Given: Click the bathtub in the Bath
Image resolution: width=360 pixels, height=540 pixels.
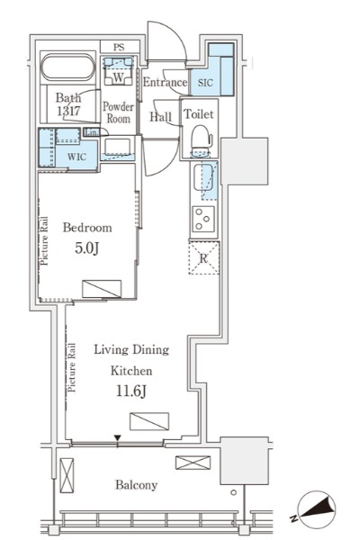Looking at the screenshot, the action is pyautogui.click(x=67, y=67).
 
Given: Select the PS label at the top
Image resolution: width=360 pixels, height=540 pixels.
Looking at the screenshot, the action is pyautogui.click(x=119, y=47).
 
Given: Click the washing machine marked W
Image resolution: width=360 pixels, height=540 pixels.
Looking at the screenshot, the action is pyautogui.click(x=118, y=71).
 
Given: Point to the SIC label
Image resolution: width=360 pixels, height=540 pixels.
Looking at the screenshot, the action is pyautogui.click(x=205, y=83).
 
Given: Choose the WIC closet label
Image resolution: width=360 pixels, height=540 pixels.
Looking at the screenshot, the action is pyautogui.click(x=76, y=157).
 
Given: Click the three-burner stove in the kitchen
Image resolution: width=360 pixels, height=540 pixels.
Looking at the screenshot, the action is pyautogui.click(x=203, y=219).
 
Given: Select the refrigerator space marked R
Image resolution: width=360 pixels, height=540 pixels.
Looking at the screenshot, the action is pyautogui.click(x=203, y=258).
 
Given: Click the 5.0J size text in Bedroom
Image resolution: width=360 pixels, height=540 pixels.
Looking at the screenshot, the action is pyautogui.click(x=87, y=248).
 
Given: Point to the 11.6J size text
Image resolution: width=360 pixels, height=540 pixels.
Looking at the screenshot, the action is pyautogui.click(x=131, y=391).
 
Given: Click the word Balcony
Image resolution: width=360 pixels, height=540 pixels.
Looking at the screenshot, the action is pyautogui.click(x=137, y=485).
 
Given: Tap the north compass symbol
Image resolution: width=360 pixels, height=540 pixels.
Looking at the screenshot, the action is pyautogui.click(x=315, y=508).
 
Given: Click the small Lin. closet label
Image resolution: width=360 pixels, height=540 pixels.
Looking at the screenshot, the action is pyautogui.click(x=92, y=132).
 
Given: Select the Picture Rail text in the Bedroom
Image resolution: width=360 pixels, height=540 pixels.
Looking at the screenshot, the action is pyautogui.click(x=44, y=241).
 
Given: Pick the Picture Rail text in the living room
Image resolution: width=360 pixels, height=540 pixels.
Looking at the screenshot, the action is pyautogui.click(x=71, y=368).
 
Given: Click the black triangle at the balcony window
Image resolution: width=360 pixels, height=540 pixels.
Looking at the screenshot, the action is pyautogui.click(x=118, y=438).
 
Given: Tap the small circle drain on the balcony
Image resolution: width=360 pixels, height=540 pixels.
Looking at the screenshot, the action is pyautogui.click(x=234, y=492).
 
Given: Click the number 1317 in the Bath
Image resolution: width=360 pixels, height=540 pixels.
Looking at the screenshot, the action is pyautogui.click(x=69, y=111).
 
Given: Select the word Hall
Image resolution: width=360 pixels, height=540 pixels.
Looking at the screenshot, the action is pyautogui.click(x=160, y=117).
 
